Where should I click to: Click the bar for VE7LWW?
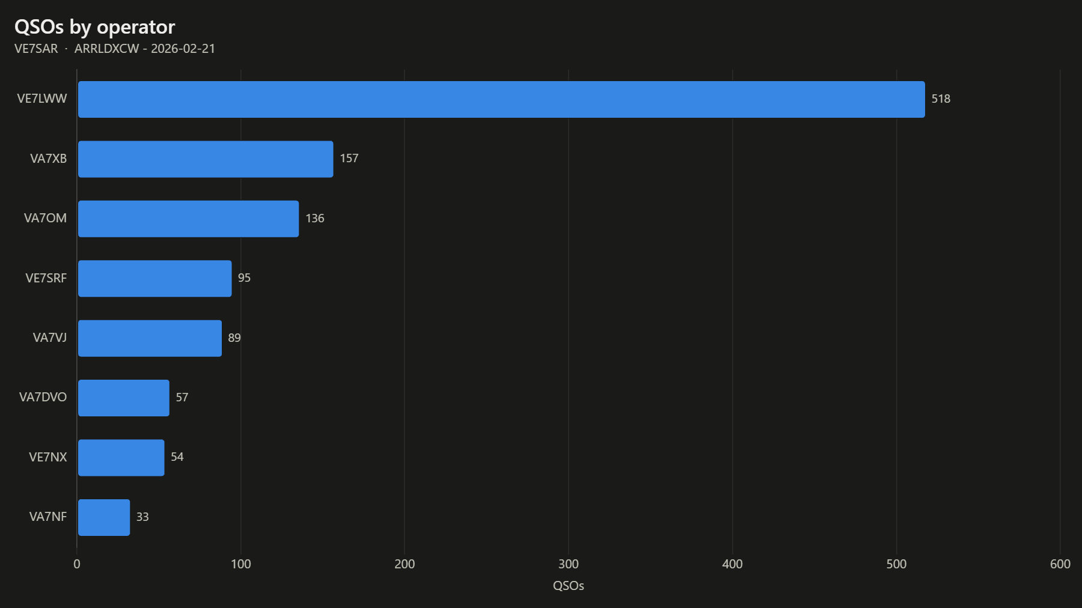coord(501,99)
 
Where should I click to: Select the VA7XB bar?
coord(206,159)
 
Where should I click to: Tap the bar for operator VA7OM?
coord(188,219)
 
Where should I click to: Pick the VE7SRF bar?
coord(154,278)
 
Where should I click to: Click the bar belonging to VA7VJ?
coord(150,338)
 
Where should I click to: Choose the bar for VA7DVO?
coord(124,398)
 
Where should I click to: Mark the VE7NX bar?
coord(121,458)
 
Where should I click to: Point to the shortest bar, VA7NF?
coord(104,517)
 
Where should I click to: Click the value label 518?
coord(941,99)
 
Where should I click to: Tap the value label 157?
coord(349,159)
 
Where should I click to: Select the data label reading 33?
coord(142,517)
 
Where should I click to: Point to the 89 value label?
coord(234,338)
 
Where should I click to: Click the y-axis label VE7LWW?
coord(42,99)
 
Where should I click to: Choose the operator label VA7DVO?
coord(43,397)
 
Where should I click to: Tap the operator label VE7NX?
coord(48,457)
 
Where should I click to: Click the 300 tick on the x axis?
coord(569,564)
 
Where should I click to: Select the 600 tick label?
coord(1060,564)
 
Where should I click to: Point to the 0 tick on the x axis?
coord(77,564)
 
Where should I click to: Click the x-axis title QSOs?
coord(569,586)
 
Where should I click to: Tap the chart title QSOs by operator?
coord(95,27)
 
